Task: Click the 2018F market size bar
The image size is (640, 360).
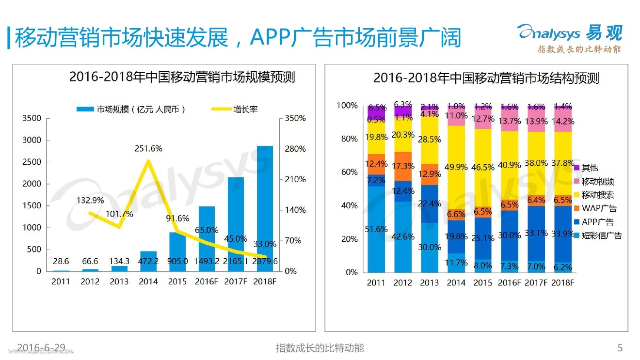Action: tap(265, 208)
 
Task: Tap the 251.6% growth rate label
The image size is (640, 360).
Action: tap(148, 149)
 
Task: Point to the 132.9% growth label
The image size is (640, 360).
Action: tap(90, 200)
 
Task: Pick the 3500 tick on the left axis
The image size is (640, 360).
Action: tap(33, 118)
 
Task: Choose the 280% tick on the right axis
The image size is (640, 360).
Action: tap(295, 149)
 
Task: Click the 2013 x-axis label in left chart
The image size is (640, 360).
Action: tap(119, 282)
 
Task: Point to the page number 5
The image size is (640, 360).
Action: tap(620, 347)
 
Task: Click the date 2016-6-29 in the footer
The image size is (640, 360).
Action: tap(41, 347)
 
